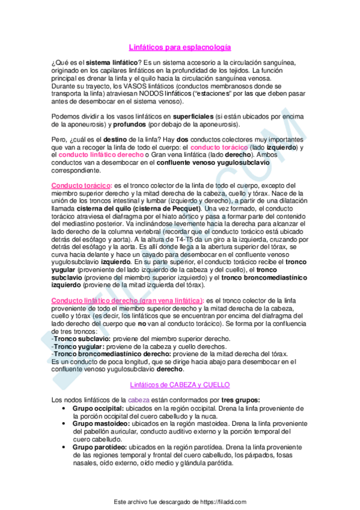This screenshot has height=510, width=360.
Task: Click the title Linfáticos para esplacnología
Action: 180,46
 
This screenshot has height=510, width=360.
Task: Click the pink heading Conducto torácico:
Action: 81,185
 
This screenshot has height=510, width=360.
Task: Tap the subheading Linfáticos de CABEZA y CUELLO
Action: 180,384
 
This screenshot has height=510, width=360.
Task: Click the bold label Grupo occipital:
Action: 98,408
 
